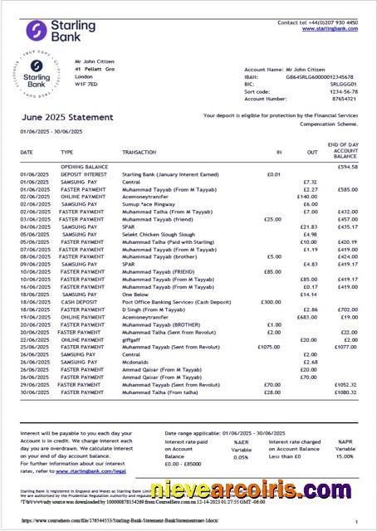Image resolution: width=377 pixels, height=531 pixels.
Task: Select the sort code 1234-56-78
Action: [x=343, y=91]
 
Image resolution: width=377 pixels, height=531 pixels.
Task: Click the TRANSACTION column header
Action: [x=139, y=153]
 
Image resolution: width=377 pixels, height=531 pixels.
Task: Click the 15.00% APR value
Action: [x=345, y=456]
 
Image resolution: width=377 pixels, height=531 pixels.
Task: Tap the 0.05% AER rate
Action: [x=241, y=456]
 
